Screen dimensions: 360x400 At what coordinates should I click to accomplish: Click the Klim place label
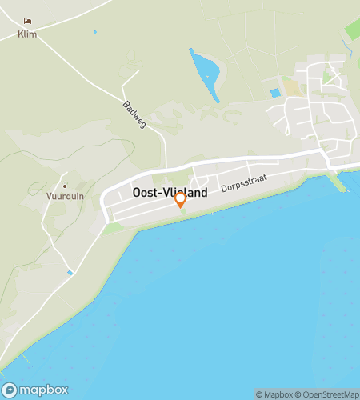[27, 34]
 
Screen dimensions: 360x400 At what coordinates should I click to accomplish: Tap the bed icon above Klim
[27, 22]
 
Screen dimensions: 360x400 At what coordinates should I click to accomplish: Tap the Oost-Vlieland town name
[170, 193]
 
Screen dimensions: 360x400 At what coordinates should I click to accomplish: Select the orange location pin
[181, 200]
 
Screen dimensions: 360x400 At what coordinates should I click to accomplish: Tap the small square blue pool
[275, 93]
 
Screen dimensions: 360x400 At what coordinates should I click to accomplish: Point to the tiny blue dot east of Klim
[94, 32]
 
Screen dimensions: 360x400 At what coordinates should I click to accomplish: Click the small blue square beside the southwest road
[70, 273]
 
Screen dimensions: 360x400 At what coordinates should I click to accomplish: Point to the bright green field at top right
[353, 32]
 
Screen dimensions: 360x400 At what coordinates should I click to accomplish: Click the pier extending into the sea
[338, 183]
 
